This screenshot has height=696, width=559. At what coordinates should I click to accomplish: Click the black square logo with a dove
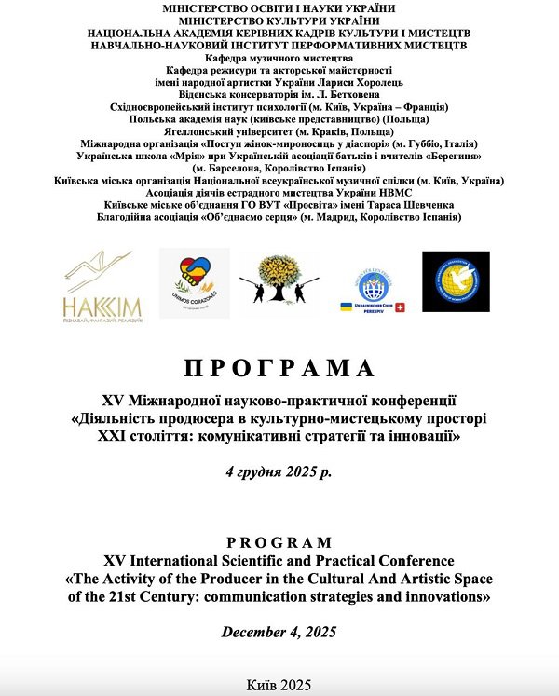click(x=456, y=281)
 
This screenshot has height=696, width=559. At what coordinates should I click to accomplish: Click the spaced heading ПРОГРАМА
click(x=279, y=367)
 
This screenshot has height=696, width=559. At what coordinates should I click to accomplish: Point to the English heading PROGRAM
click(x=279, y=542)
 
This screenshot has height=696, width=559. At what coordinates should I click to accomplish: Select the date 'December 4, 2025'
click(x=279, y=633)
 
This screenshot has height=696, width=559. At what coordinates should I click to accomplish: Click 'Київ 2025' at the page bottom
click(x=279, y=684)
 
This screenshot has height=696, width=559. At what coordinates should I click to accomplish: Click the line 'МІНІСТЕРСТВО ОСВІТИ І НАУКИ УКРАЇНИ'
click(x=279, y=7)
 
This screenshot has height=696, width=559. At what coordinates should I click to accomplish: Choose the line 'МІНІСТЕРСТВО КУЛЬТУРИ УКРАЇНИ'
click(x=279, y=20)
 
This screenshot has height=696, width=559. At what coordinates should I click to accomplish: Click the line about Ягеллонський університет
click(x=279, y=133)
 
